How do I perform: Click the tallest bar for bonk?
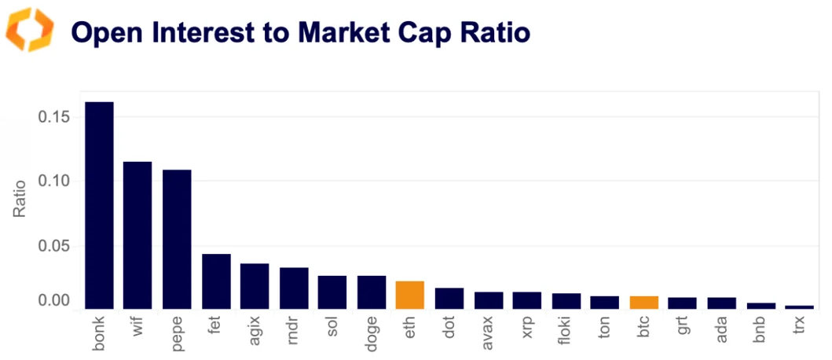[99, 205]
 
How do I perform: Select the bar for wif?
[137, 235]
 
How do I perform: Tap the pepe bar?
[177, 239]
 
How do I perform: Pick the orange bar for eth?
[409, 295]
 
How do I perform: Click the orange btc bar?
[643, 303]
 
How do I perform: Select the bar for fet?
[216, 281]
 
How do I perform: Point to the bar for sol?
[332, 292]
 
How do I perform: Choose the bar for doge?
[371, 292]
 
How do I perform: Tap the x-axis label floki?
[566, 333]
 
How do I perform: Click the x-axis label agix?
[255, 333]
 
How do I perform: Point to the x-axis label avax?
[489, 333]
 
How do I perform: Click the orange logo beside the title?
[30, 31]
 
